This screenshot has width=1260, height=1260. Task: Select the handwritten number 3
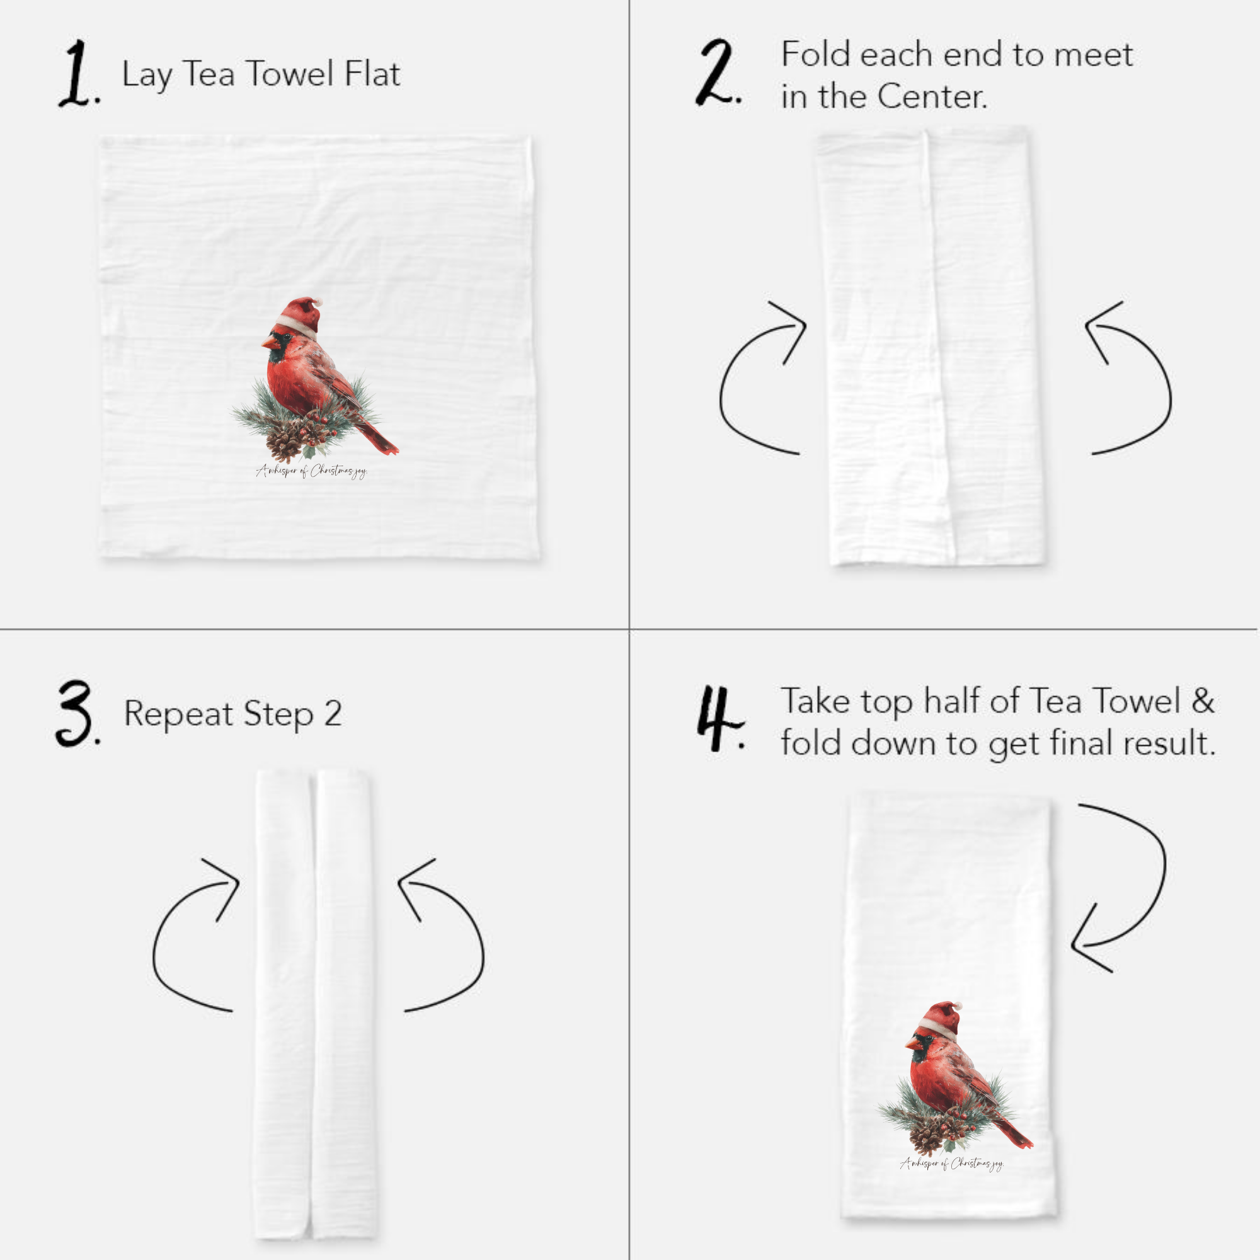tap(75, 714)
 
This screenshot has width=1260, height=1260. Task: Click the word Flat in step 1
tap(372, 73)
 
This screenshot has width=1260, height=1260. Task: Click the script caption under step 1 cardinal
tap(312, 471)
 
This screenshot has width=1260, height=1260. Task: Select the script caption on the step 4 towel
tap(952, 1164)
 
